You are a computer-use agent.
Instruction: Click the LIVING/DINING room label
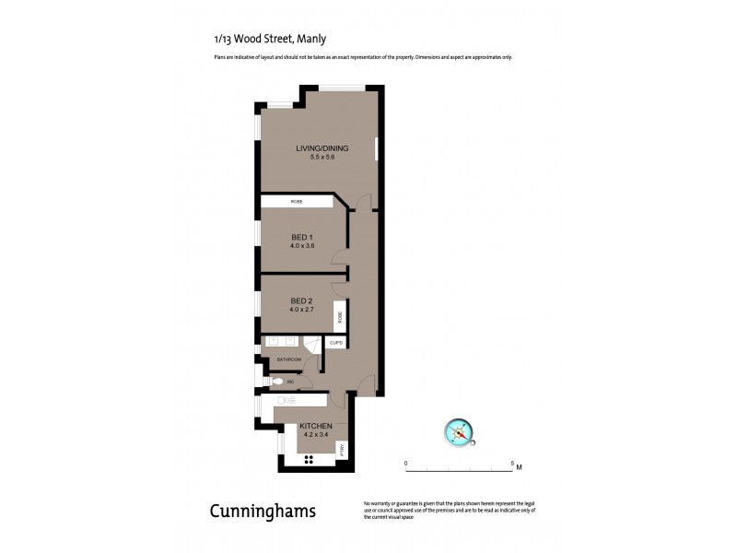tap(315, 148)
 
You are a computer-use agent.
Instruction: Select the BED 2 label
tap(303, 301)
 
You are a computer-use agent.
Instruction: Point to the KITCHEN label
tap(315, 426)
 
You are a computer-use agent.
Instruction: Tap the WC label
tap(289, 381)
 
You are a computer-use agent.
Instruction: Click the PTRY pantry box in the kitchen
tap(341, 450)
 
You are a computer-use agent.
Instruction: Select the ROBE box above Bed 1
tap(297, 201)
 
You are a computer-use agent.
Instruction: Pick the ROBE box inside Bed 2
tap(340, 317)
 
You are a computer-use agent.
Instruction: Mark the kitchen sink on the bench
tap(286, 400)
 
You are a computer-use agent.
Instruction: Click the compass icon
tap(458, 430)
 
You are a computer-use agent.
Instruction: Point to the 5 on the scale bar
tap(512, 463)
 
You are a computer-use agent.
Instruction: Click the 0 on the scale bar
tap(406, 463)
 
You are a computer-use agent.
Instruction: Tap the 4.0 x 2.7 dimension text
tap(303, 311)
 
